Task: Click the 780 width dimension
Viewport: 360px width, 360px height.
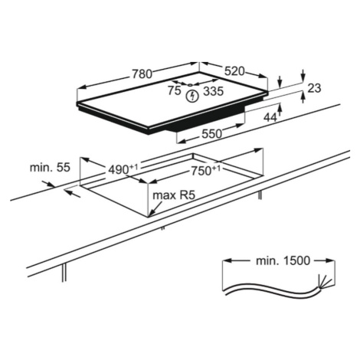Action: [x=142, y=74]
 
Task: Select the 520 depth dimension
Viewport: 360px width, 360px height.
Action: [x=234, y=71]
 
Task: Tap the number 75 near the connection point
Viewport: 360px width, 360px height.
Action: [x=175, y=90]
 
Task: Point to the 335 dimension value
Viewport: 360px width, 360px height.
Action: [x=214, y=91]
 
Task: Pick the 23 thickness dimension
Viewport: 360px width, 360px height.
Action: [x=314, y=88]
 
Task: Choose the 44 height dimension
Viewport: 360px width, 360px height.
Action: [x=270, y=118]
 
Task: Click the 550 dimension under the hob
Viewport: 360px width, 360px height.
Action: [x=211, y=133]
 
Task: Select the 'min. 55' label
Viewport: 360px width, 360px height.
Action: [x=50, y=168]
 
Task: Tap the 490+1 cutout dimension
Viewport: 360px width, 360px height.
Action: [x=123, y=169]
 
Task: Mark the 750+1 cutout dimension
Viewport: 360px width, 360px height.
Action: [x=206, y=171]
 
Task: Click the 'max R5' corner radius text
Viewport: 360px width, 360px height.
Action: [x=174, y=195]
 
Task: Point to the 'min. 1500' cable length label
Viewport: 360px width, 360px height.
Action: [x=283, y=260]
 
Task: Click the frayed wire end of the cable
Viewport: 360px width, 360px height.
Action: [x=325, y=283]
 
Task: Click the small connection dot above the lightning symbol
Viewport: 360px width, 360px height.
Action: [x=190, y=85]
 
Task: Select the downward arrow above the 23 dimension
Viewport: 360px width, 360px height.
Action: [x=303, y=75]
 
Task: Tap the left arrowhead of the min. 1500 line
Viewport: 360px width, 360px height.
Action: [x=227, y=260]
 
